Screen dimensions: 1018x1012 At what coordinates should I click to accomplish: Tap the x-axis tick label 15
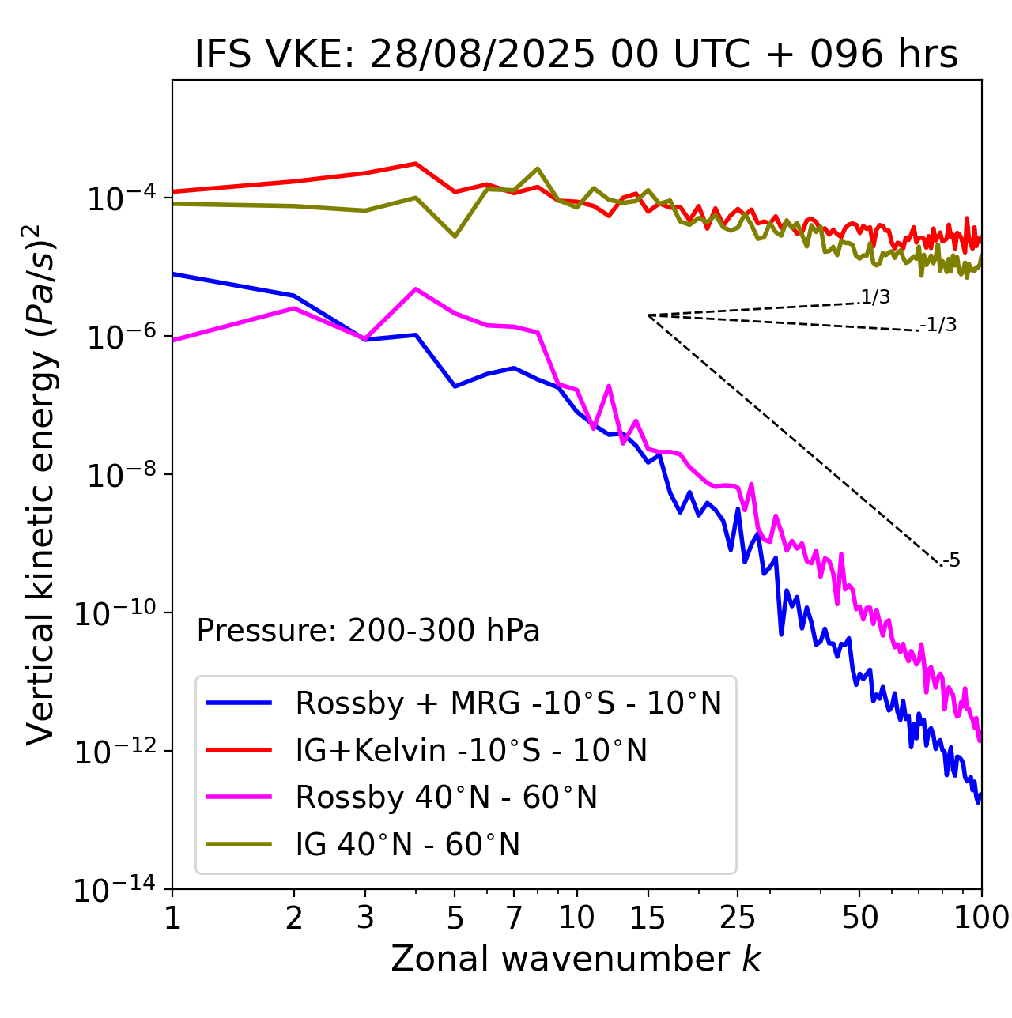(x=648, y=918)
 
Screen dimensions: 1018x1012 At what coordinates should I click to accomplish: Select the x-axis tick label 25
(x=738, y=918)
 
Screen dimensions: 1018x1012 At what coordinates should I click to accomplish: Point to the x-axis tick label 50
(x=859, y=918)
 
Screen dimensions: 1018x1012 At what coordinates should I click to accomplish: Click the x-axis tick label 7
(x=514, y=918)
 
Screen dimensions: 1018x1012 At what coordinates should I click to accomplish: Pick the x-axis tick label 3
(x=365, y=918)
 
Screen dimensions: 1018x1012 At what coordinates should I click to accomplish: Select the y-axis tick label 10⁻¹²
(x=114, y=752)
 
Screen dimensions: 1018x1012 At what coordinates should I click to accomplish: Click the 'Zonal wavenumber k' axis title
(x=576, y=959)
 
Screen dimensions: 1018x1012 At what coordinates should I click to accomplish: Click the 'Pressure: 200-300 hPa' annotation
(x=368, y=631)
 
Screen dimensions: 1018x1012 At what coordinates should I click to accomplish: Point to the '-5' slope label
(x=952, y=561)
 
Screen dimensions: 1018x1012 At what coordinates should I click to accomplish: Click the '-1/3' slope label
(x=940, y=325)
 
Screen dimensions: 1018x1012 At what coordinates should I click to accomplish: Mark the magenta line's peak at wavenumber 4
(x=416, y=288)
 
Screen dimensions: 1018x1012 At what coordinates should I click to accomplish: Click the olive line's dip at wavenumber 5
(x=455, y=236)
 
